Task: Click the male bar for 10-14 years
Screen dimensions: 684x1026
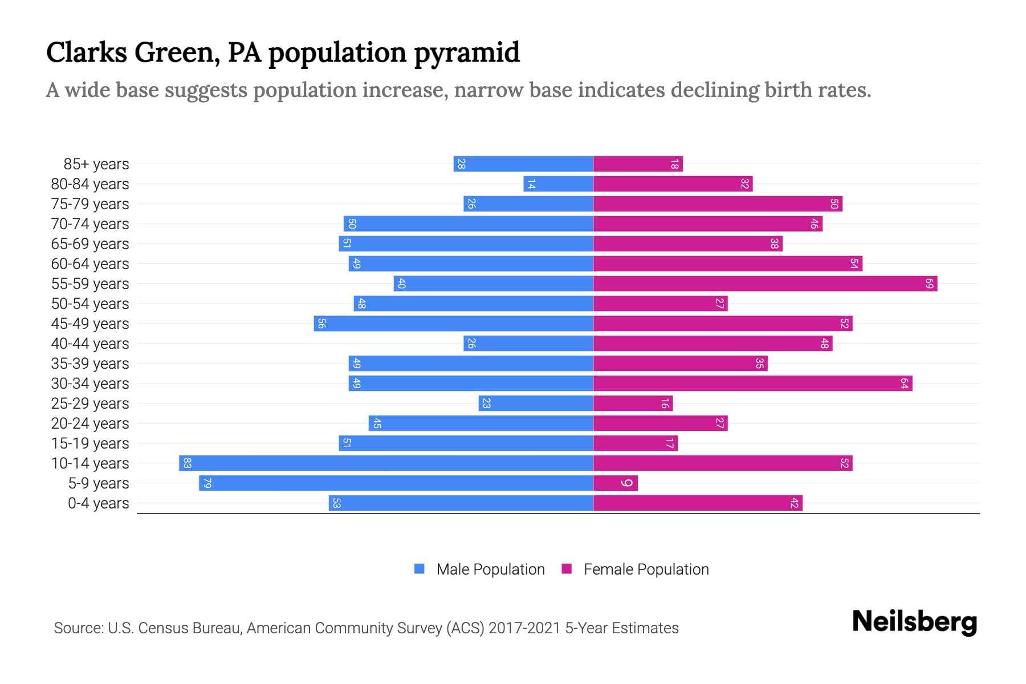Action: pos(386,463)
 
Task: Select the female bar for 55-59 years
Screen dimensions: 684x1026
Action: pos(765,283)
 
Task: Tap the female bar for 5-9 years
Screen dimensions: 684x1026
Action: pos(615,483)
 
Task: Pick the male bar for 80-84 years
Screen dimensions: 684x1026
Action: pos(558,184)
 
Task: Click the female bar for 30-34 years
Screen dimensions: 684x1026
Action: pos(752,383)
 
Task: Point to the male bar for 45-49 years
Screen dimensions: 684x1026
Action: pos(453,323)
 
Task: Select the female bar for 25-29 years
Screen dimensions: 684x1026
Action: pos(633,403)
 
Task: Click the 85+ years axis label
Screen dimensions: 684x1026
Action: pos(96,164)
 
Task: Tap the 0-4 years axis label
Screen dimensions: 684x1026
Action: pos(98,503)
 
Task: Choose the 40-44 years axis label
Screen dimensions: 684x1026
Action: pos(90,344)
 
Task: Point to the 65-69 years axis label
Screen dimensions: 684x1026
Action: pos(90,244)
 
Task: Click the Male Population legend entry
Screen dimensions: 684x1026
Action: pos(490,569)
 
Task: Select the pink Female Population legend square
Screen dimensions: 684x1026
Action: pos(567,569)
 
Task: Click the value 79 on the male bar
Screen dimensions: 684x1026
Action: pos(207,483)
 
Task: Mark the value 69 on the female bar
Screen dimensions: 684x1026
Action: pos(929,283)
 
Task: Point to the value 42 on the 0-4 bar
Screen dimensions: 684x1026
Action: pos(794,503)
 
